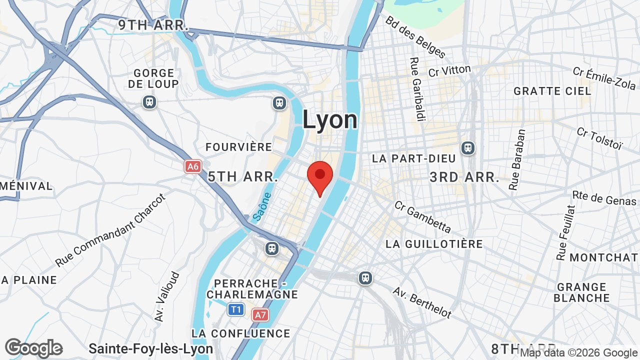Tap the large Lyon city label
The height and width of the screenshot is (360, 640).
[330, 120]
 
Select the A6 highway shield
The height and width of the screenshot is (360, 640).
[193, 166]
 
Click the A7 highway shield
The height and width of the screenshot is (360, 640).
[260, 315]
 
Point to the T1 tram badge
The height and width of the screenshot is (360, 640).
[236, 309]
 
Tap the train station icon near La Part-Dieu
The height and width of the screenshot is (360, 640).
[468, 148]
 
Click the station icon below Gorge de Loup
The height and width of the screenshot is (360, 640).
[149, 102]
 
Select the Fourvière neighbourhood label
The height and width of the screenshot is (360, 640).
[239, 147]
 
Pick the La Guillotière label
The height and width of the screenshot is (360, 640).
[434, 244]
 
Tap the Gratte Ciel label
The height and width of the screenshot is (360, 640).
[552, 91]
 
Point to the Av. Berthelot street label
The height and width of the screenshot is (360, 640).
[422, 302]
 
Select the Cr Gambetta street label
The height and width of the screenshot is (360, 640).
[422, 216]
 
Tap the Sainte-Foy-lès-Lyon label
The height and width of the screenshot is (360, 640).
[150, 348]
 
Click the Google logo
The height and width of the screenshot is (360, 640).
[33, 348]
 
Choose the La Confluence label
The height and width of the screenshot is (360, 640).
[240, 333]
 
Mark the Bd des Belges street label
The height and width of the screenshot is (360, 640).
[415, 36]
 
